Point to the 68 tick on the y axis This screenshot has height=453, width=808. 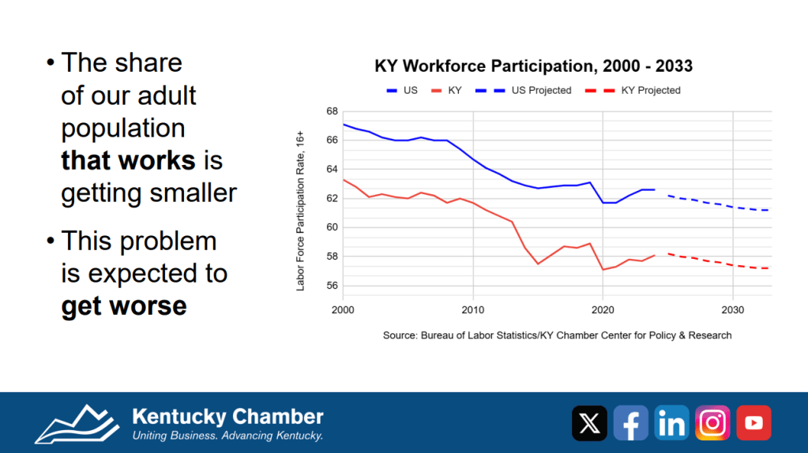[x=332, y=111]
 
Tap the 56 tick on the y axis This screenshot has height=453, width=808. [x=332, y=286]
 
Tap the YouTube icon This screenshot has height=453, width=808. [x=754, y=423]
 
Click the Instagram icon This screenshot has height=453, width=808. [x=712, y=423]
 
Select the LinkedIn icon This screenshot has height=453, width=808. [x=671, y=423]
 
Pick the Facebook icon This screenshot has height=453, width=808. [x=630, y=423]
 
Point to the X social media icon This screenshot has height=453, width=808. [x=589, y=423]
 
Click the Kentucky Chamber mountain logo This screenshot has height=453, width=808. [x=76, y=424]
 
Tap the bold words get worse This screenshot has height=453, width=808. [x=124, y=305]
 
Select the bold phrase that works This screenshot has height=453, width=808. [x=128, y=160]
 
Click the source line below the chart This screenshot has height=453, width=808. [x=557, y=335]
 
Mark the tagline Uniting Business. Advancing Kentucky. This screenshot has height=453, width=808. [x=227, y=436]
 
